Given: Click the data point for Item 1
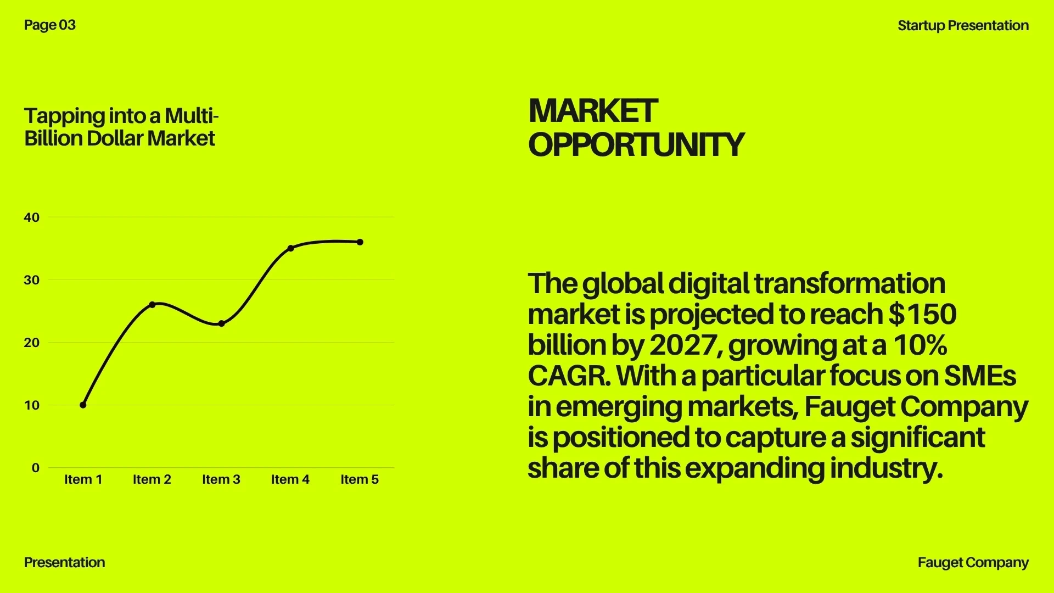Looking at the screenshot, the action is point(83,405).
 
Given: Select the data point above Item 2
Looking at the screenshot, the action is point(152,305).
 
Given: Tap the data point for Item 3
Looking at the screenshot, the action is point(221,324).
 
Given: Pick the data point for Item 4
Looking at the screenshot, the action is point(291,248).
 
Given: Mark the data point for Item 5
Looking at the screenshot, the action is point(360,242).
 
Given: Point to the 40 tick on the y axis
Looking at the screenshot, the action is point(32,217).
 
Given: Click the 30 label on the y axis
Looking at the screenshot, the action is point(32,280).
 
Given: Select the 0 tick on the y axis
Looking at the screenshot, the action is point(36,468).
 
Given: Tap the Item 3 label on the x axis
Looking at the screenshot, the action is point(221,479).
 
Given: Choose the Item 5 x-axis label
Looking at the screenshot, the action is point(360,479).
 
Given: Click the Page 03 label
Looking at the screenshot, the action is point(50,25).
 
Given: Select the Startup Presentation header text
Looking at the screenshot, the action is point(963,26).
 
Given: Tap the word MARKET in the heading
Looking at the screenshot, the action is point(593,111).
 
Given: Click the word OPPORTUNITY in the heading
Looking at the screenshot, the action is point(636,144).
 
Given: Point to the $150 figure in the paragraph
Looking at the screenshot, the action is point(923,314).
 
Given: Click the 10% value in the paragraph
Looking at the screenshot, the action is point(921,345).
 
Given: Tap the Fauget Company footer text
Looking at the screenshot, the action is point(973,563).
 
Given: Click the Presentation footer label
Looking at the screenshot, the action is point(65,562).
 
